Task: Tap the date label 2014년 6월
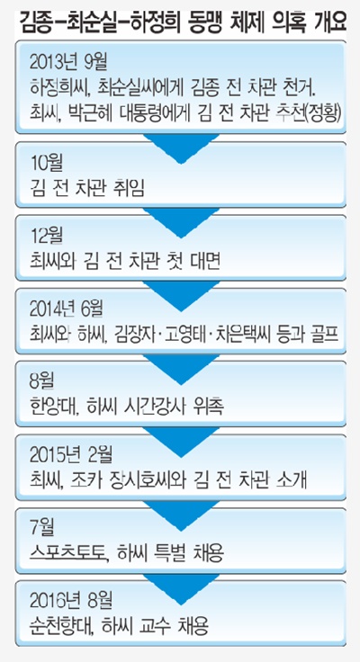click(67, 310)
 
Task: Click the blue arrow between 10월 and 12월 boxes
click(181, 221)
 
